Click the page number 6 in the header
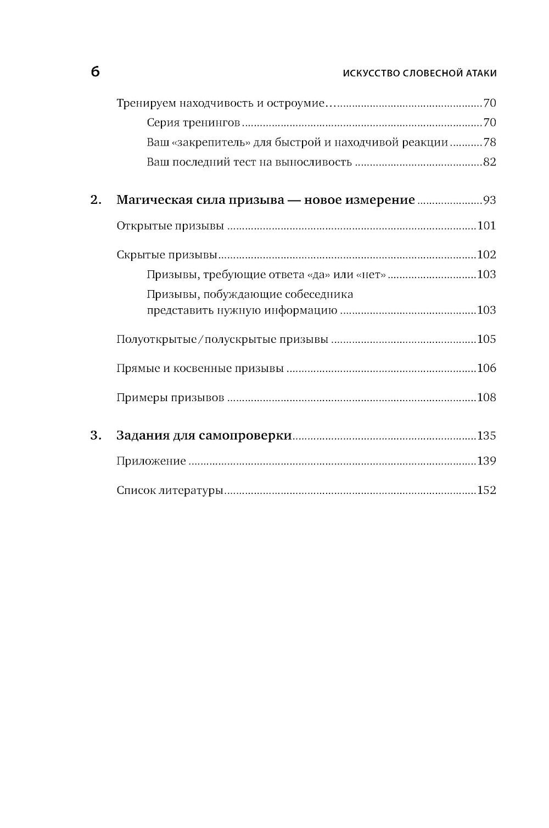(x=95, y=72)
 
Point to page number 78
(x=489, y=143)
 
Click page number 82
(x=489, y=162)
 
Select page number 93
(x=489, y=201)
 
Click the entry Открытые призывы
(x=170, y=226)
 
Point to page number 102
(x=486, y=255)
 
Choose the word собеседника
(x=318, y=294)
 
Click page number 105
(x=486, y=339)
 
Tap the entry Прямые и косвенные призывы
(x=200, y=369)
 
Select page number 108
(x=486, y=397)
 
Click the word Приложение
(x=151, y=462)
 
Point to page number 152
(x=486, y=490)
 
